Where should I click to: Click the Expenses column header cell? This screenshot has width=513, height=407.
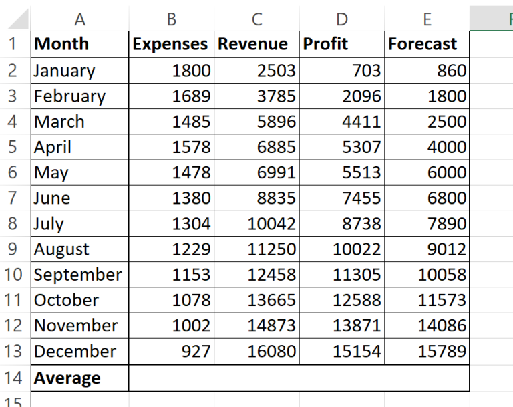[x=170, y=45]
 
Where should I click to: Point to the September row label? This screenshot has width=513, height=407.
[x=77, y=275]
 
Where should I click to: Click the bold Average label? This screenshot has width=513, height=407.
[x=67, y=378]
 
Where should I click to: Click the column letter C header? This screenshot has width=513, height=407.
[x=257, y=20]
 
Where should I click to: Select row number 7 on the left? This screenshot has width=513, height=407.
[x=14, y=198]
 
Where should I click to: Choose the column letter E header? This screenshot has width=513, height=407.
[x=427, y=20]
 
